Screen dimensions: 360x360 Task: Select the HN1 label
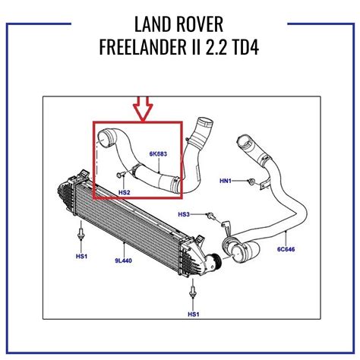(x=226, y=180)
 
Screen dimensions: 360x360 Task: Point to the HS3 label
(x=184, y=214)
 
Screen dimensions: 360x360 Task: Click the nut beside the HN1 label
(x=249, y=181)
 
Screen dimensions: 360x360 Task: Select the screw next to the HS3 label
(x=205, y=215)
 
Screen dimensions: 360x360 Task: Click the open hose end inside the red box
(x=103, y=139)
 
